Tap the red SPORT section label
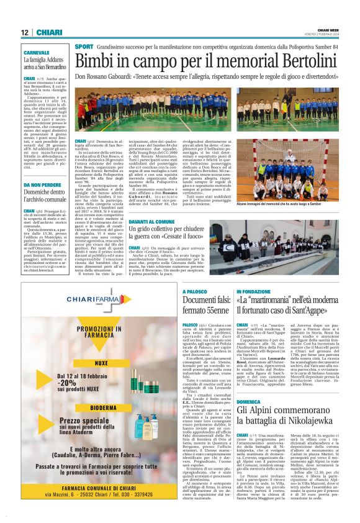[x=84, y=47]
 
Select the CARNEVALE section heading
[x=37, y=53]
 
